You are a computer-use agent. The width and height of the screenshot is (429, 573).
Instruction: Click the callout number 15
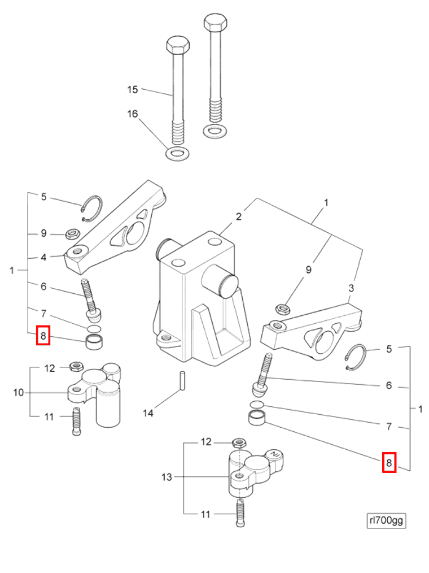[x=132, y=89]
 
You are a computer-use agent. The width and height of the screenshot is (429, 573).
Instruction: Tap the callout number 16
[x=132, y=114]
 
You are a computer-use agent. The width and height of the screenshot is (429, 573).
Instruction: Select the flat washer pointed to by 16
[x=177, y=153]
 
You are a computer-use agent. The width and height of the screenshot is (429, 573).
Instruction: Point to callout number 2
[x=239, y=216]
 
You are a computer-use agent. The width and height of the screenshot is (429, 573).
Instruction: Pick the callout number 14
[x=148, y=413]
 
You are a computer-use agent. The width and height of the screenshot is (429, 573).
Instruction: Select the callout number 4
[x=43, y=258]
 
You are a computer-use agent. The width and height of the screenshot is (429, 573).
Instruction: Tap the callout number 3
[x=351, y=288]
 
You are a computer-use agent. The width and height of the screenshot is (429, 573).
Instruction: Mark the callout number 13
[x=167, y=477]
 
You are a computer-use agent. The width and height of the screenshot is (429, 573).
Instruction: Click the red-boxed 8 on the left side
[x=43, y=337]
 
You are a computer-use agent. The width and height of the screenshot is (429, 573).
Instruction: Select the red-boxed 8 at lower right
[x=388, y=463]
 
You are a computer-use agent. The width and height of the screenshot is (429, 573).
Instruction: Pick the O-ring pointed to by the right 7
[x=257, y=405]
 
